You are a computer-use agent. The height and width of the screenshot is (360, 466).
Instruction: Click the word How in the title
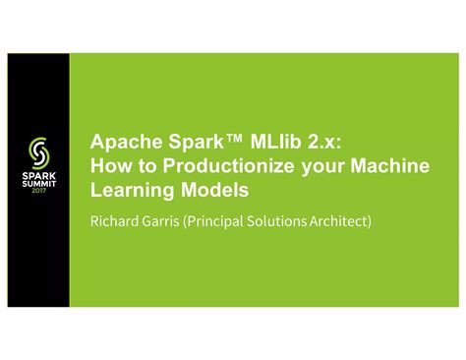107,166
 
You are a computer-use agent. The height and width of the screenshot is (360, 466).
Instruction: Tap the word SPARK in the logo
37,175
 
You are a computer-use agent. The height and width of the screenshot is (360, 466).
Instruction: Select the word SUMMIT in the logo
37,184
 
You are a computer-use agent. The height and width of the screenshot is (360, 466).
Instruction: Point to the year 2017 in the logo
37,192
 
